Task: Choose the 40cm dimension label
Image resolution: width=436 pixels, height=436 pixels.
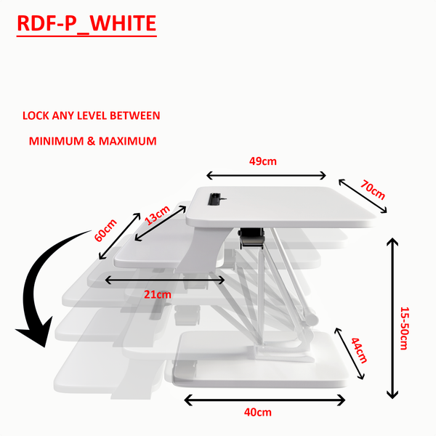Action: click(258, 413)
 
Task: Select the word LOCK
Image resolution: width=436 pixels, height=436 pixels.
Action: click(36, 116)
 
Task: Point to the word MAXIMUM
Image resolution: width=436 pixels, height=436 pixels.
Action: click(128, 141)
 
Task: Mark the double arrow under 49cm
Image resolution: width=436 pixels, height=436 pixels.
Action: click(267, 175)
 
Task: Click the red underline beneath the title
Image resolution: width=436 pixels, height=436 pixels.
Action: click(86, 36)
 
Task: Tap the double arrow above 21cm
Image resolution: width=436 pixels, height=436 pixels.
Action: click(166, 279)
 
